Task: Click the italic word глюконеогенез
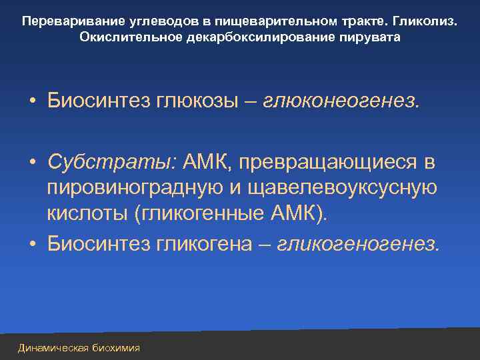point(342,101)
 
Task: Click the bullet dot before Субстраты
point(32,162)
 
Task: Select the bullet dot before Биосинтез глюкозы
point(32,102)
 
